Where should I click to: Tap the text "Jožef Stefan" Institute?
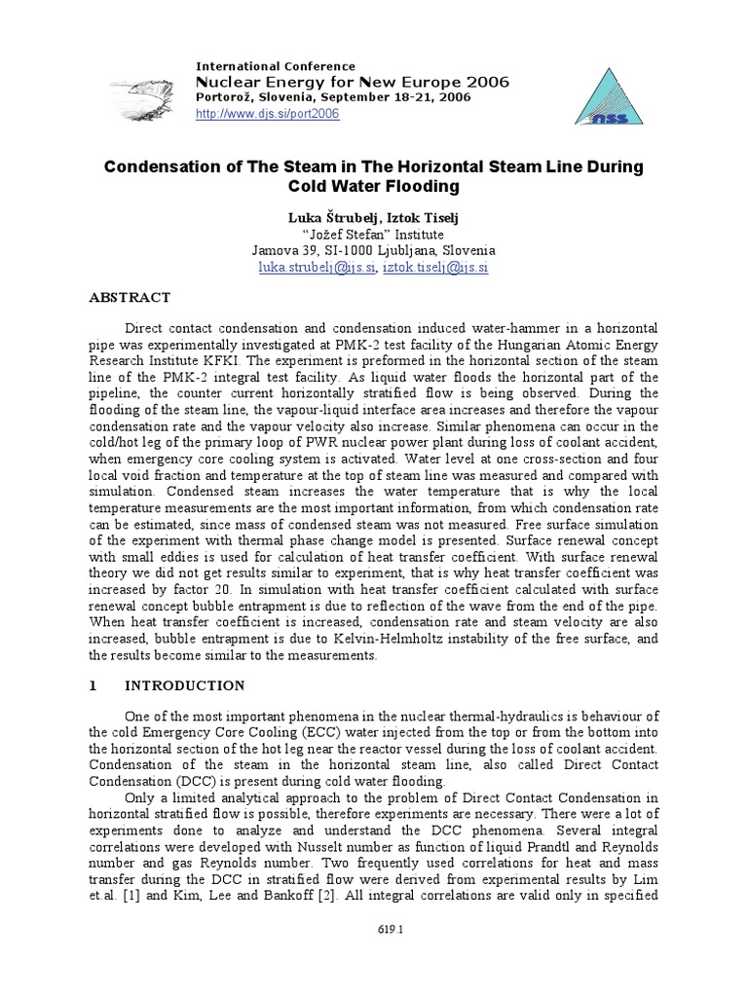click(374, 234)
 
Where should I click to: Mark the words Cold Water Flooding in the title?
click(374, 186)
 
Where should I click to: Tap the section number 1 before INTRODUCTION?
click(93, 686)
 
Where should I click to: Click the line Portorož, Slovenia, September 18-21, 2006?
click(334, 97)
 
